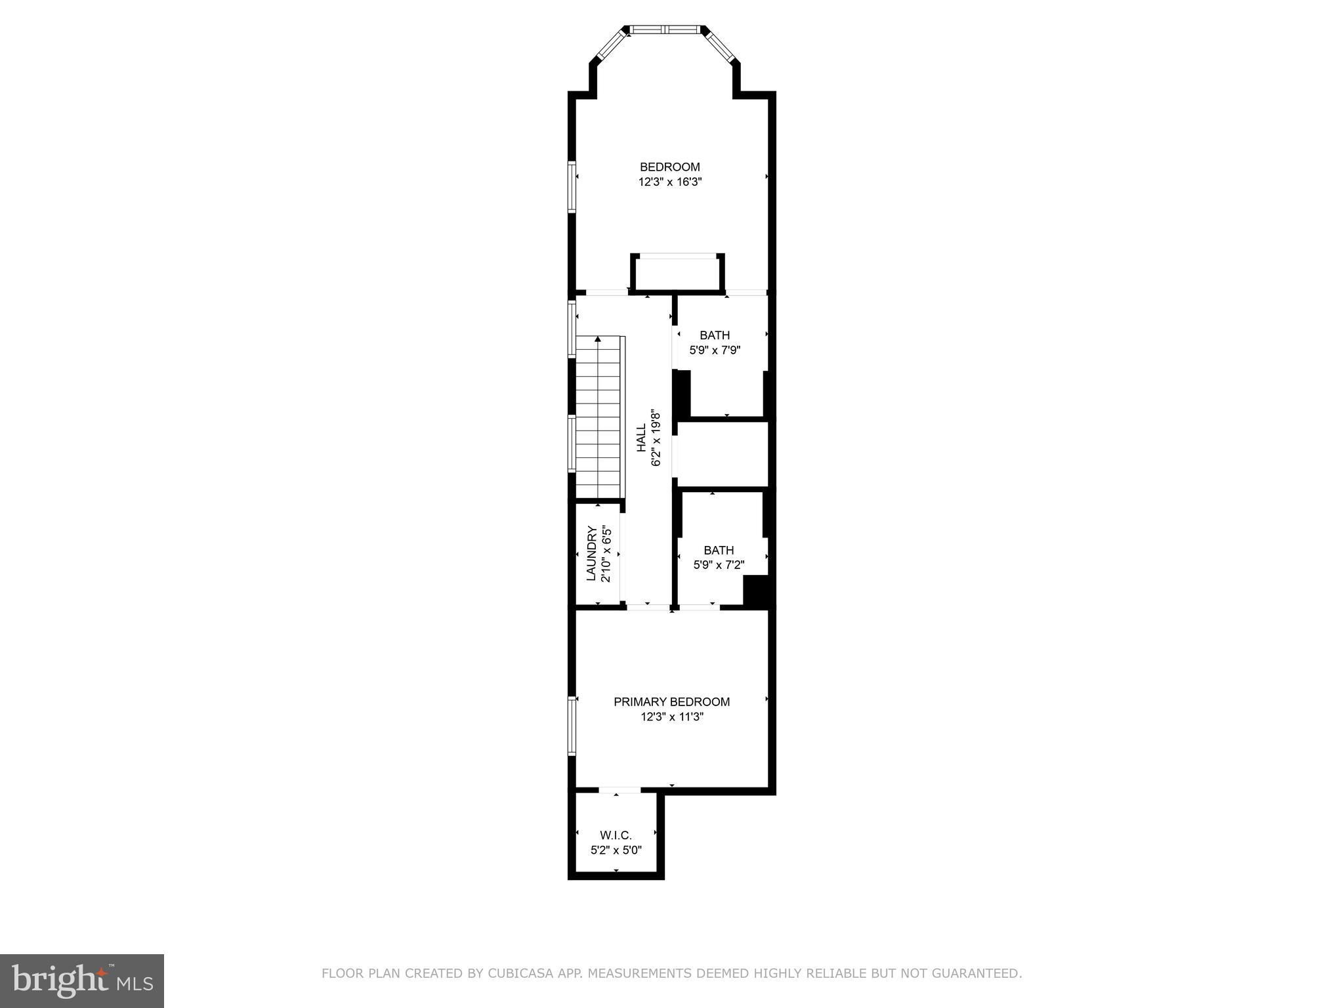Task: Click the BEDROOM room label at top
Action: pyautogui.click(x=669, y=167)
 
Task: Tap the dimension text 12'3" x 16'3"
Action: pyautogui.click(x=670, y=182)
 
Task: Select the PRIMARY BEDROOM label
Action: pyautogui.click(x=671, y=702)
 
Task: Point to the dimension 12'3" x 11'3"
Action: pyautogui.click(x=672, y=717)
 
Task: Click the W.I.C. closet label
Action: pyautogui.click(x=616, y=835)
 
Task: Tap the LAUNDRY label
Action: pyautogui.click(x=591, y=553)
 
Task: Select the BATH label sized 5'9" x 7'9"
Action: pyautogui.click(x=714, y=335)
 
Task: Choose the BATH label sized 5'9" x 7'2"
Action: pyautogui.click(x=719, y=550)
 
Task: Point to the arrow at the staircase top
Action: pyautogui.click(x=598, y=339)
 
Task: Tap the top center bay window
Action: pyautogui.click(x=664, y=29)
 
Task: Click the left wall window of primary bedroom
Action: pyautogui.click(x=572, y=725)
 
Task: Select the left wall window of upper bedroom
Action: pyautogui.click(x=572, y=186)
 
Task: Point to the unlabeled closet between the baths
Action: pyautogui.click(x=722, y=455)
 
